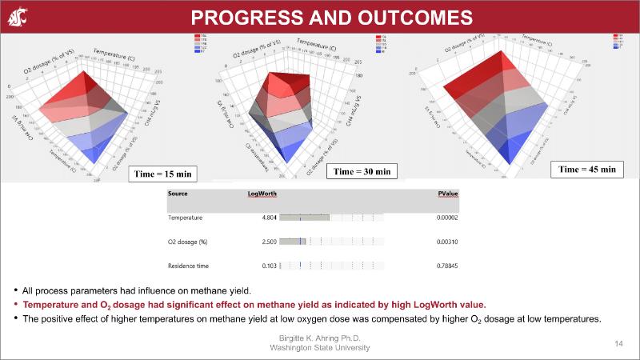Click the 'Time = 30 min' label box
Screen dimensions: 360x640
click(x=362, y=171)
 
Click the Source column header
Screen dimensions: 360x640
click(x=178, y=193)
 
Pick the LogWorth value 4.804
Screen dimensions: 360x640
click(x=269, y=217)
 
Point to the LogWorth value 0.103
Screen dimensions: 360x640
click(x=269, y=266)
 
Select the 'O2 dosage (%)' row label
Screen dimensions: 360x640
click(x=188, y=241)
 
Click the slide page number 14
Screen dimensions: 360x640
click(x=618, y=343)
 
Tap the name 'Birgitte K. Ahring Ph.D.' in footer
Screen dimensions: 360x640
click(x=320, y=339)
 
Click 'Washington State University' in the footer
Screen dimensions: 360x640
click(x=320, y=348)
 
